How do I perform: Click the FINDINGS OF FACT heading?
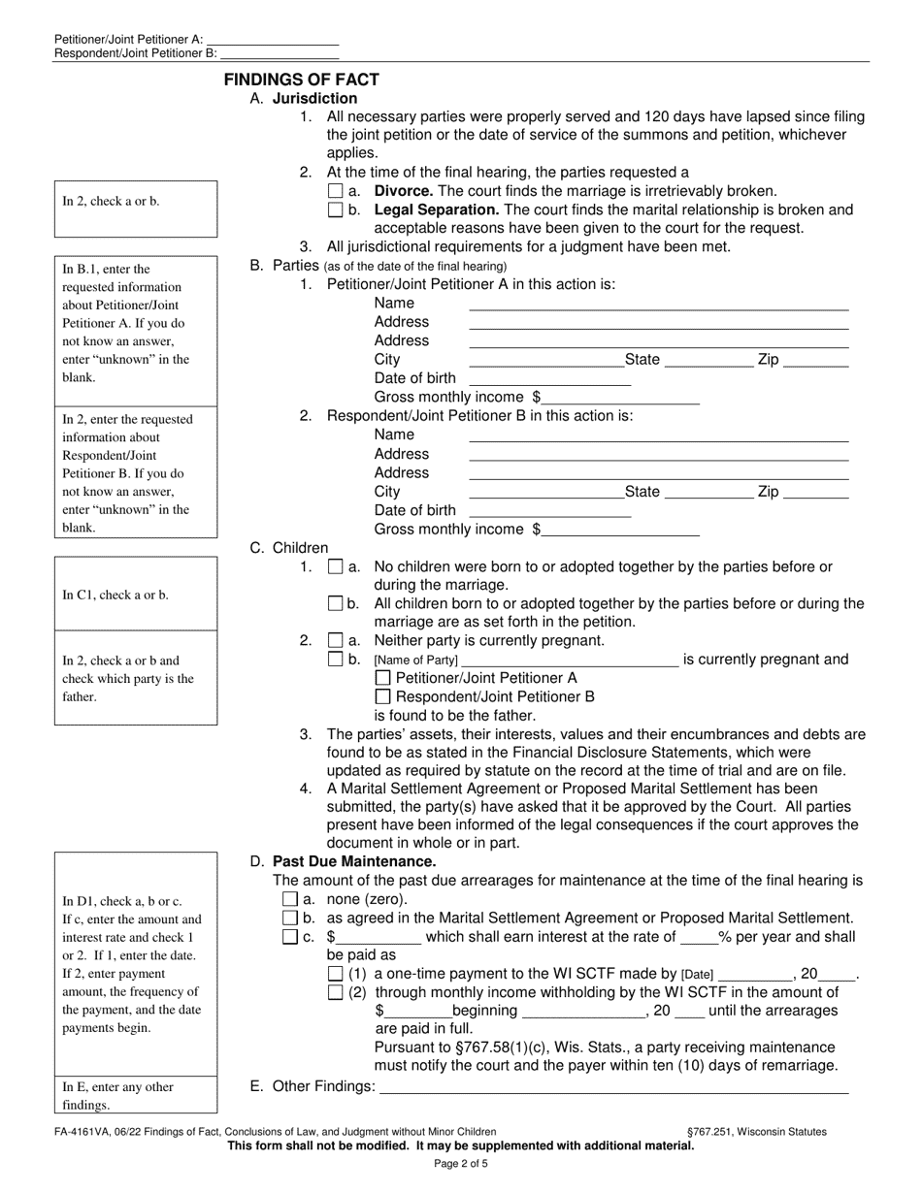tap(302, 80)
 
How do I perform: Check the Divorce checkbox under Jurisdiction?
tap(336, 192)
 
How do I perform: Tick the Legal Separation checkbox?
tap(336, 210)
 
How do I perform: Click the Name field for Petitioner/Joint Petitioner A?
tap(658, 303)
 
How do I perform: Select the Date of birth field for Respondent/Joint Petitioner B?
tap(549, 510)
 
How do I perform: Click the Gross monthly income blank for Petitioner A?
tap(621, 397)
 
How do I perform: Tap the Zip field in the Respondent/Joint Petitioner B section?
tap(815, 492)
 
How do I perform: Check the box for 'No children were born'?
tap(336, 566)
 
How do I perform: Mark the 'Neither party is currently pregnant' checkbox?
tap(336, 640)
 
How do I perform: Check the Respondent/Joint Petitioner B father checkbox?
tap(382, 696)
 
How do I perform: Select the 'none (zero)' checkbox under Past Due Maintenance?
tap(289, 899)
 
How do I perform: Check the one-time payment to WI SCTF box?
tap(336, 973)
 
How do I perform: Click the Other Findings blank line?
tap(613, 1087)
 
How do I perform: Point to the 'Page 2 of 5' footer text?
tap(461, 1164)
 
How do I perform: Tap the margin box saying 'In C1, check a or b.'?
tap(135, 595)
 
